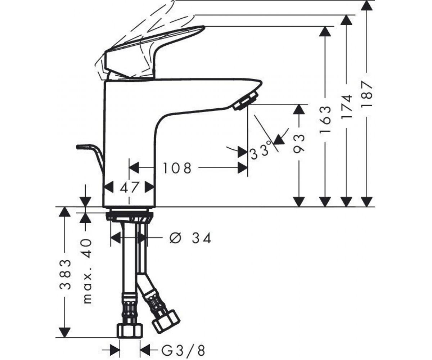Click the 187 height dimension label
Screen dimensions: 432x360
367,94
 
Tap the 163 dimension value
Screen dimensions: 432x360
325,119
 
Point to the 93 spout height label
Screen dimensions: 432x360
299,144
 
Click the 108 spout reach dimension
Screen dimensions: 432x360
177,168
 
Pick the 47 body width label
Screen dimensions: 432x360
129,188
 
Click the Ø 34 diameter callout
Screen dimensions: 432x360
190,238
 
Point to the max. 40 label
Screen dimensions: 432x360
87,271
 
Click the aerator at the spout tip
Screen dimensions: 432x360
246,101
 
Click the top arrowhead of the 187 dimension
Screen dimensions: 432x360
366,5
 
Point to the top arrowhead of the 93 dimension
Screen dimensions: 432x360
299,109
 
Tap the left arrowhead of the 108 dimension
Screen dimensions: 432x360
134,168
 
